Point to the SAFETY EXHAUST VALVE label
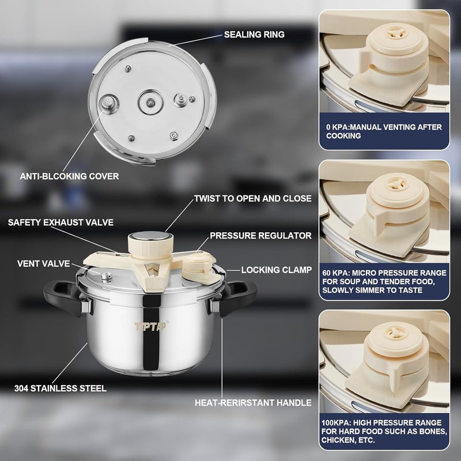(x=61, y=221)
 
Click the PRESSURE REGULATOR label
(x=260, y=236)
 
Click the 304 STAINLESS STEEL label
(x=61, y=388)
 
